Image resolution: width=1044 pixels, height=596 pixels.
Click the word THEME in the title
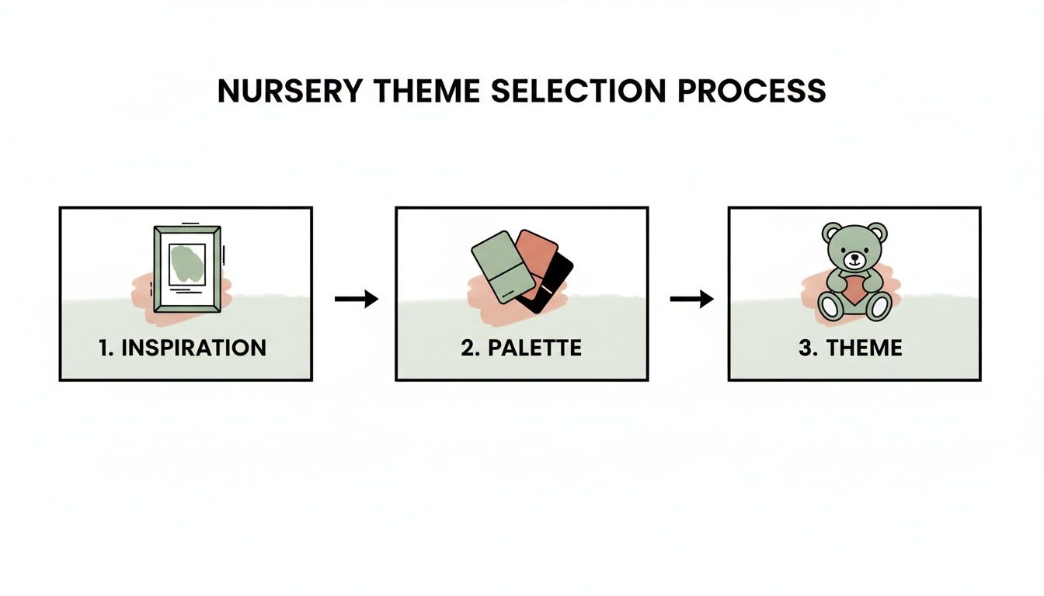click(423, 92)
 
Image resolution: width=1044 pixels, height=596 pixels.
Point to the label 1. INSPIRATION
click(183, 347)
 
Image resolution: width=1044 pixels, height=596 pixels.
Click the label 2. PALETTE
click(520, 347)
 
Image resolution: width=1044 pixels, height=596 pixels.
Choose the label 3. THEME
click(851, 347)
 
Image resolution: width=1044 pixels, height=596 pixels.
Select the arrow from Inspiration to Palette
click(356, 299)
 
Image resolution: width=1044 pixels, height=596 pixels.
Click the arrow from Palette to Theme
click(691, 299)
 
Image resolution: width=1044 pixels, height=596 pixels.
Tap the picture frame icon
click(187, 269)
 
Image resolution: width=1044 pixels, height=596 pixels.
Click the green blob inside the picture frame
click(186, 262)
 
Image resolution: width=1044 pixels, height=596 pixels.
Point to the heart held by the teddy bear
click(854, 289)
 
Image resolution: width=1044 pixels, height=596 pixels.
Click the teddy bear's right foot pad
click(879, 307)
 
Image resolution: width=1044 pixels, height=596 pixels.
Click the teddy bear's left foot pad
click(830, 307)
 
